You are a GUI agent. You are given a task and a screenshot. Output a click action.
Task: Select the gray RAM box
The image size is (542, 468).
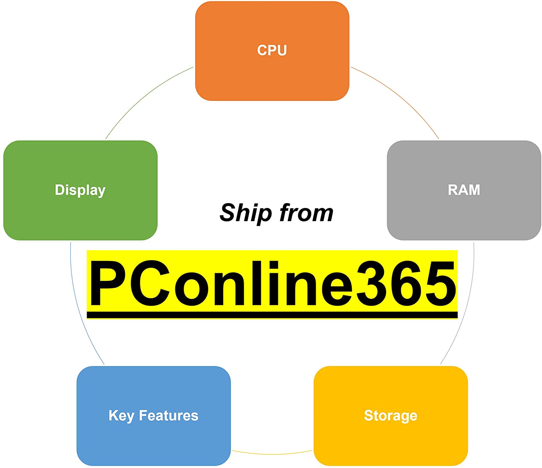464,213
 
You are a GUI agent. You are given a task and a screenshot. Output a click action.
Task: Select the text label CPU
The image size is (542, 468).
272,50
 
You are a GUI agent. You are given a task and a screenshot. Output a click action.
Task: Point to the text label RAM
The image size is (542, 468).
464,190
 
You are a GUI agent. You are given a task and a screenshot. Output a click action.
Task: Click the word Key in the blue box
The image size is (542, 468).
121,416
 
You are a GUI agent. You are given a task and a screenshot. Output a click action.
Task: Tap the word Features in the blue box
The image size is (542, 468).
169,416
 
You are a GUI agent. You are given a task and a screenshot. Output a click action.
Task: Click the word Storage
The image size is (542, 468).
391,416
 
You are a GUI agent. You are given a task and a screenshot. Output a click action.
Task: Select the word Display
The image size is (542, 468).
80,190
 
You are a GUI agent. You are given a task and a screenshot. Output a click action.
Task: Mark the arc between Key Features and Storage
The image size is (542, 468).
272,454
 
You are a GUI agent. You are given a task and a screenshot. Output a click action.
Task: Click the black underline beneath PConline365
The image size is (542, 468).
272,315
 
